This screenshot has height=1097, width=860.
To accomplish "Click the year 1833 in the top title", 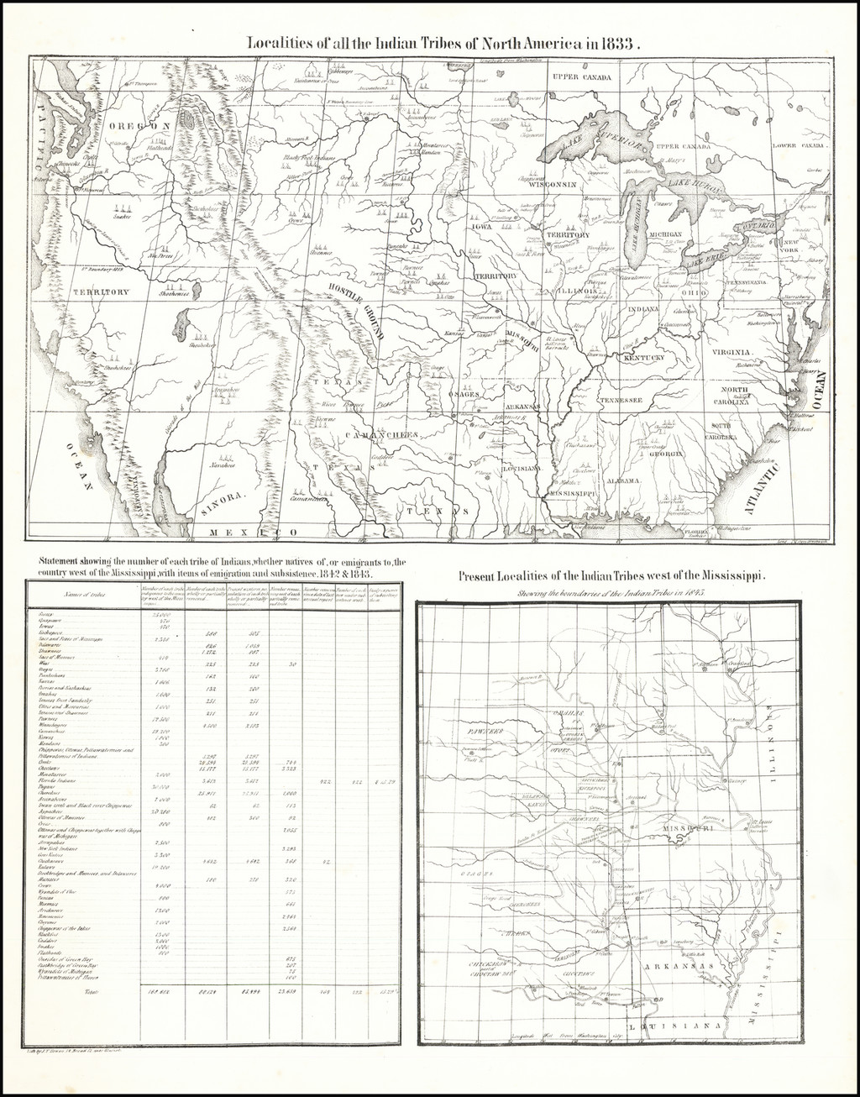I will tap(617, 44).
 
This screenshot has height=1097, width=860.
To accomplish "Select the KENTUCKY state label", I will tap(643, 358).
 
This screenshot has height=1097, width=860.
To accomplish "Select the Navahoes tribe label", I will tap(222, 465).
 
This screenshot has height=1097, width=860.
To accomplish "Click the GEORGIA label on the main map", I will tap(664, 454).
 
